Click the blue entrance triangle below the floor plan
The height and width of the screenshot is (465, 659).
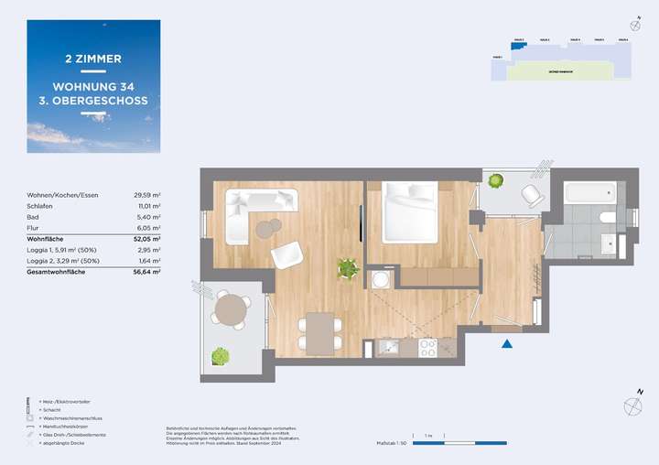(x=506, y=344)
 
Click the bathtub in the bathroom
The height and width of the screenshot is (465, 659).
(x=590, y=193)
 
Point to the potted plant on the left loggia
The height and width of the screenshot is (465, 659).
(x=220, y=356)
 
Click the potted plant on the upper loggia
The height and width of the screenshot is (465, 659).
(x=495, y=181)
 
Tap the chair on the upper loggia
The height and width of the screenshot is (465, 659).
(x=531, y=195)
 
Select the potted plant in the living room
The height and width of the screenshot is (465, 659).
(x=347, y=268)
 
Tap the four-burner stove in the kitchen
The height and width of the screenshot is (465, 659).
(x=426, y=348)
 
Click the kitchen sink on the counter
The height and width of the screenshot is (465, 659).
(x=386, y=348)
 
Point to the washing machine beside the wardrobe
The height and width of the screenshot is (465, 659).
(x=379, y=278)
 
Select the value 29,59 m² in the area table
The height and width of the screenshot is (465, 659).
(x=147, y=195)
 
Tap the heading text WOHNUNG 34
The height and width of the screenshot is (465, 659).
(x=93, y=80)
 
